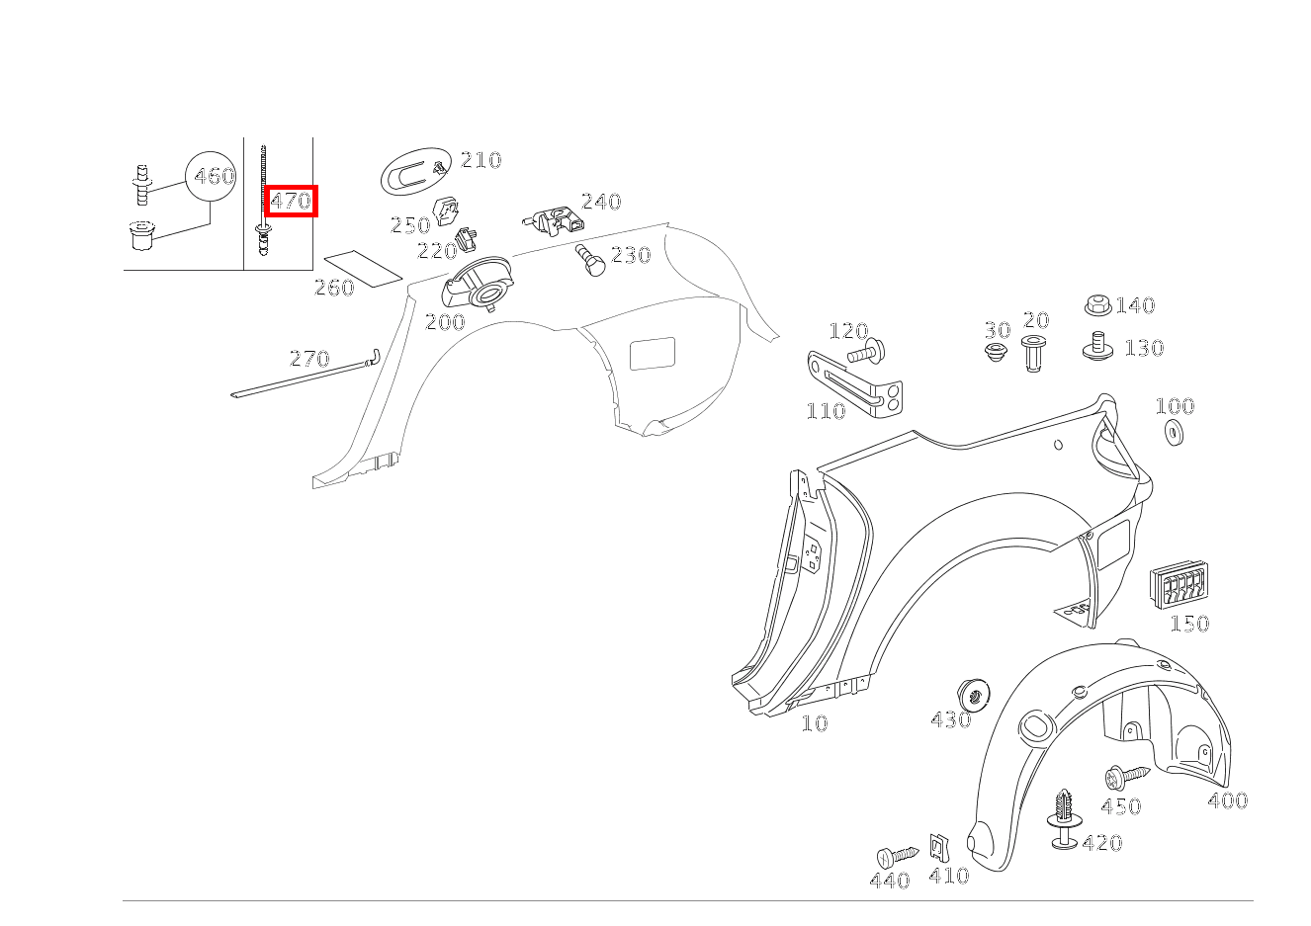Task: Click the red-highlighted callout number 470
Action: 291,202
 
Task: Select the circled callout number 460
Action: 215,176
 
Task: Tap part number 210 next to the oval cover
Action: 481,160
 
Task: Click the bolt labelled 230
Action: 589,260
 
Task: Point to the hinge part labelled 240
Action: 554,221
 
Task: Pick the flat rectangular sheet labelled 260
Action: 363,270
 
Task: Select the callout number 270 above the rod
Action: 309,358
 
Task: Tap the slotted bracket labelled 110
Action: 855,384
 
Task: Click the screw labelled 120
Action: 867,352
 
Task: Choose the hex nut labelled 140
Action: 1098,304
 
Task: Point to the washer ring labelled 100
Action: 1174,432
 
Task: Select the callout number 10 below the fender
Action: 814,723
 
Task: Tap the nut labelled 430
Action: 973,695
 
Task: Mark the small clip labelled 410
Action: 939,847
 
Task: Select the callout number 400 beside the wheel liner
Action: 1228,800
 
